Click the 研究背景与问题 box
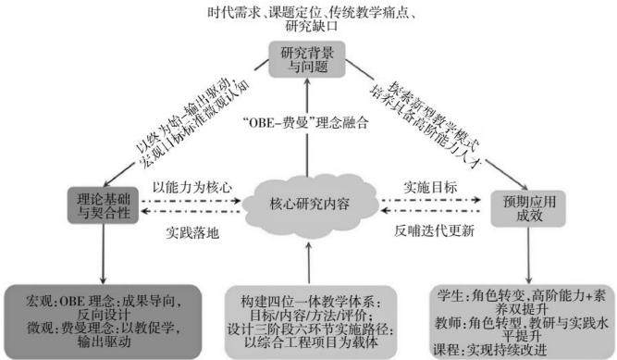[307, 59]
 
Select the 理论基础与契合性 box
[103, 205]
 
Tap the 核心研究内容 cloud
[310, 204]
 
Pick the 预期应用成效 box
[528, 208]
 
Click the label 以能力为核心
[192, 187]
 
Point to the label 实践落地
[192, 233]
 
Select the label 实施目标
[430, 187]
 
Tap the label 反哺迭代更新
[434, 230]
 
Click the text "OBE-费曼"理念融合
[306, 123]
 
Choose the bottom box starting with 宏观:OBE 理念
[103, 322]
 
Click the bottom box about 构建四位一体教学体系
[311, 322]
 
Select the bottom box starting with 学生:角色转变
[522, 322]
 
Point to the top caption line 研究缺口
[312, 27]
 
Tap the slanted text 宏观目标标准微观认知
[195, 124]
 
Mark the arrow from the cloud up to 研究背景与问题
[307, 127]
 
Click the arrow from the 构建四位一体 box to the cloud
[309, 263]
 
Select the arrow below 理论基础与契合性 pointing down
[103, 254]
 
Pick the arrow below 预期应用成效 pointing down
[528, 255]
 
